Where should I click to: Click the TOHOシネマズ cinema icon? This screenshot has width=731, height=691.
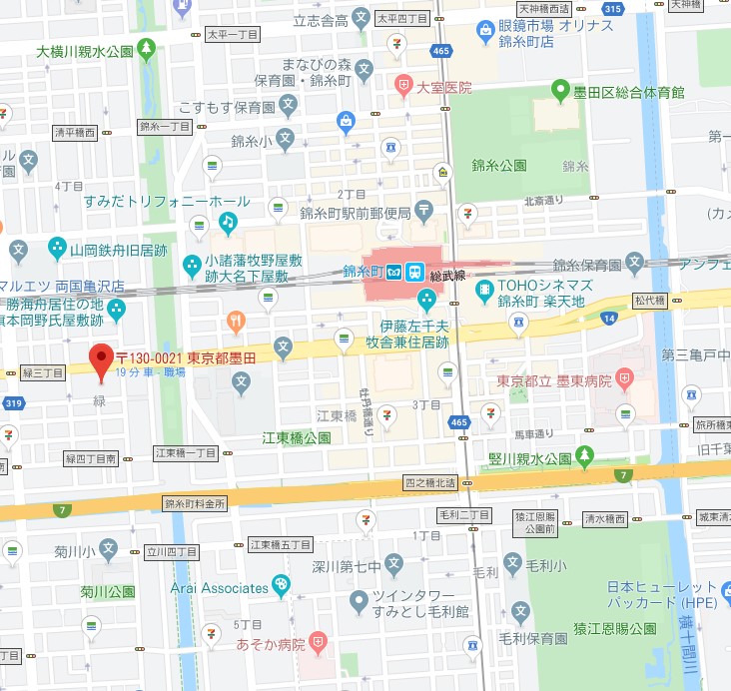(484, 291)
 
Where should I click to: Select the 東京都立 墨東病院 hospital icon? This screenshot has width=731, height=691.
(625, 379)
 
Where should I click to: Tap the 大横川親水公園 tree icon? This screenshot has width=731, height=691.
(147, 48)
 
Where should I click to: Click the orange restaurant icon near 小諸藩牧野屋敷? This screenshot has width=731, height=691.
(236, 321)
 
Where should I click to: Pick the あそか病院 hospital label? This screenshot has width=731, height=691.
(270, 644)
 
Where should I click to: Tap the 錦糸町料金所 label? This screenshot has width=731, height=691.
(196, 503)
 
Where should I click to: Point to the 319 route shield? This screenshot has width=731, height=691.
(12, 404)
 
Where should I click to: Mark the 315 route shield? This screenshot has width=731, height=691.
(614, 9)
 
